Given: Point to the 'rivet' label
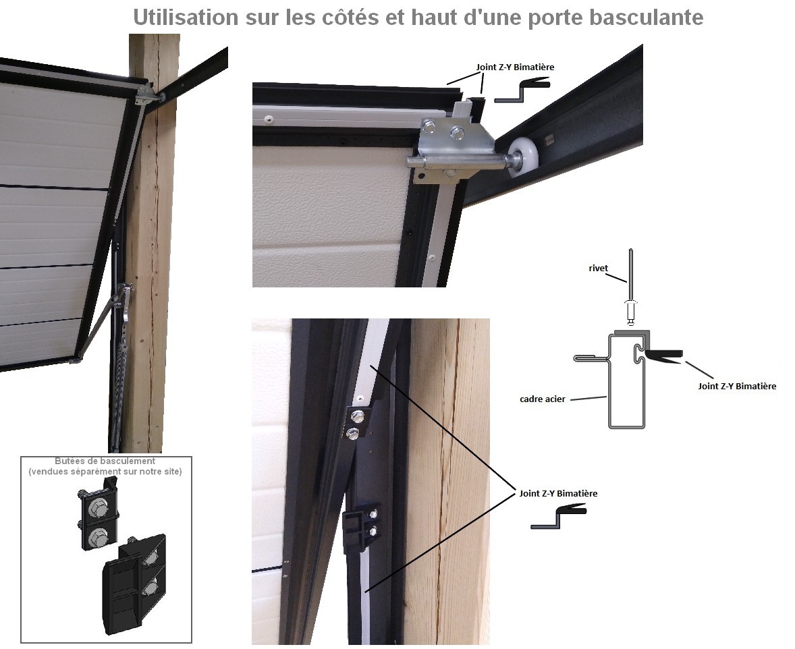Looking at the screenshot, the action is [599, 269].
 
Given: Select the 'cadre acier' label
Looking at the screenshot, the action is [543, 399].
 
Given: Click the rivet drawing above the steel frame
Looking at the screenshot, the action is [631, 288].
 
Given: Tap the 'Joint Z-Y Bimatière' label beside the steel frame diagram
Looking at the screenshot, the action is [737, 386].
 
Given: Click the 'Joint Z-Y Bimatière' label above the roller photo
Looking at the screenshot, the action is [515, 67].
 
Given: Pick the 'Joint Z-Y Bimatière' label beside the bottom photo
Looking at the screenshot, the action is [558, 493].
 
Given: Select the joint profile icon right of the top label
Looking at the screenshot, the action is [522, 90].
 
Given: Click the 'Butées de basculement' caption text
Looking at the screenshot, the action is [105, 461].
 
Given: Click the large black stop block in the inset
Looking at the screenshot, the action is [134, 583].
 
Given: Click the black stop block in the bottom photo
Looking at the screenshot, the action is [355, 530].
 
